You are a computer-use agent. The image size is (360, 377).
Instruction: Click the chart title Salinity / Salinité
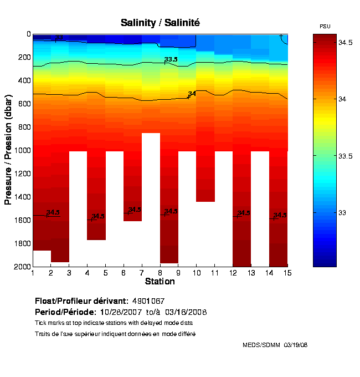(x=160, y=23)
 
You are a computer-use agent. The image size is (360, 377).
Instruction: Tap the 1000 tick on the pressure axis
(x=23, y=150)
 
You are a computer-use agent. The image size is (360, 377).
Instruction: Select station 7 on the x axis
(x=142, y=273)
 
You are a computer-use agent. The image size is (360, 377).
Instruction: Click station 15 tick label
(x=287, y=273)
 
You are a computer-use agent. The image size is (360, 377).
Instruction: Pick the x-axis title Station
(x=160, y=282)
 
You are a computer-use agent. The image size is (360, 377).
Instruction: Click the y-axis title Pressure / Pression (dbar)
(x=8, y=150)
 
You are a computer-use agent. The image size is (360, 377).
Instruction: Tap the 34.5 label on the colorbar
(x=346, y=42)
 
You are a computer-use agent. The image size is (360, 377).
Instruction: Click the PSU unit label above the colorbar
(x=325, y=27)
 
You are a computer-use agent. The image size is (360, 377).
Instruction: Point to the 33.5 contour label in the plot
(x=171, y=59)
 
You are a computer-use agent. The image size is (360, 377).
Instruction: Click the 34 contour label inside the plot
(x=192, y=94)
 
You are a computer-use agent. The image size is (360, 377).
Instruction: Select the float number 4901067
(x=148, y=300)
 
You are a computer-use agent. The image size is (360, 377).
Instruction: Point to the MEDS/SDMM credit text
(x=275, y=345)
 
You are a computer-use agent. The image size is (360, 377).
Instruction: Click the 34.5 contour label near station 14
(x=280, y=215)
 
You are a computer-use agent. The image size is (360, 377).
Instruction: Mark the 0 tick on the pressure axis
(x=28, y=34)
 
